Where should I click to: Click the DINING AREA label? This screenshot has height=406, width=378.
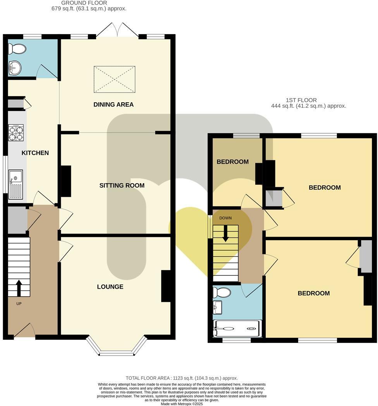(113, 104)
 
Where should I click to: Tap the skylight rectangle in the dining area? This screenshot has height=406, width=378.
(115, 79)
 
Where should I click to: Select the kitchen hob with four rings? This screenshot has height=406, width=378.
(16, 133)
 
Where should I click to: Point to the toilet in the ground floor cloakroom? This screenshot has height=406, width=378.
(17, 49)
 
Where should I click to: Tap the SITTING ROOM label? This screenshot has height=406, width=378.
(122, 185)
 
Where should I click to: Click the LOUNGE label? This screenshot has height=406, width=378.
(110, 287)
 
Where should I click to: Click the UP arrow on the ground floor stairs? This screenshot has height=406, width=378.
(19, 287)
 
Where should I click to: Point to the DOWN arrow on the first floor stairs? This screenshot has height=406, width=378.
(225, 234)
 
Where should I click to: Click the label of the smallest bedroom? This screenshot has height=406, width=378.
(232, 162)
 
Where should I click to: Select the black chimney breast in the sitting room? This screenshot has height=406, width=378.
(66, 181)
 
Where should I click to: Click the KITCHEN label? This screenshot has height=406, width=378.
(35, 153)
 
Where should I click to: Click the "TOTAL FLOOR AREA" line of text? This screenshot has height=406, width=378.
(182, 378)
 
